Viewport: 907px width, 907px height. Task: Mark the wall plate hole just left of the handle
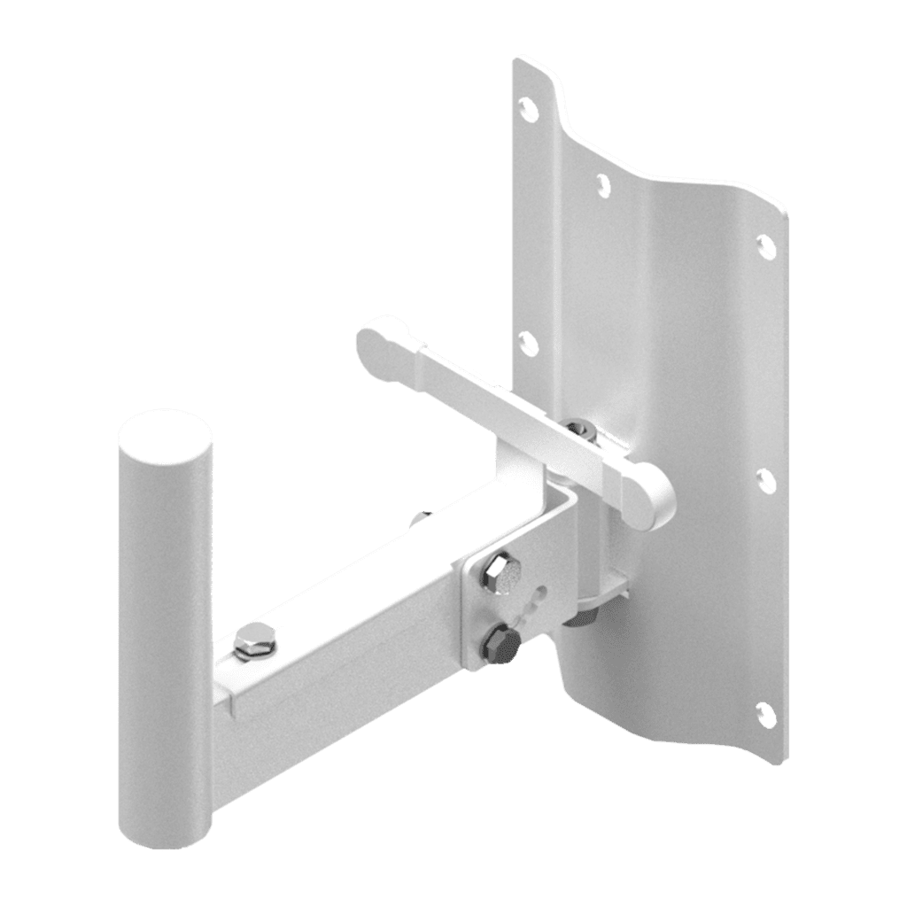point(527,343)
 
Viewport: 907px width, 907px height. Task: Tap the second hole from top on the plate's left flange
point(603,184)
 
